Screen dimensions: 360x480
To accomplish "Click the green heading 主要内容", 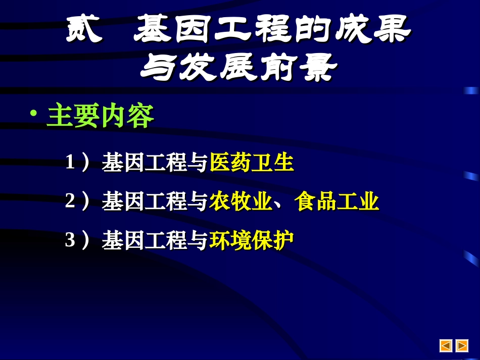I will (x=101, y=117).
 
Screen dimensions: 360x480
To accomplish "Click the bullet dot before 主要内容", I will (x=34, y=113).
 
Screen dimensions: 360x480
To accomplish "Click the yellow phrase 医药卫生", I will (x=252, y=163).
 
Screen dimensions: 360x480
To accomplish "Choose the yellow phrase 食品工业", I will (x=337, y=201).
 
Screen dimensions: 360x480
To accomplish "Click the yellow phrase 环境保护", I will (x=252, y=240).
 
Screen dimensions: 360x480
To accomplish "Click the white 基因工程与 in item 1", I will (x=155, y=163).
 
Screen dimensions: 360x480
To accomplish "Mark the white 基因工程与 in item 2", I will (x=155, y=201).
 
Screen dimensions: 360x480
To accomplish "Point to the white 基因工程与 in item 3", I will (x=155, y=240).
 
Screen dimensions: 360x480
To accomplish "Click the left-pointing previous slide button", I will (x=446, y=345).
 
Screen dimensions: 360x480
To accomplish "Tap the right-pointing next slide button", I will (x=462, y=345).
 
